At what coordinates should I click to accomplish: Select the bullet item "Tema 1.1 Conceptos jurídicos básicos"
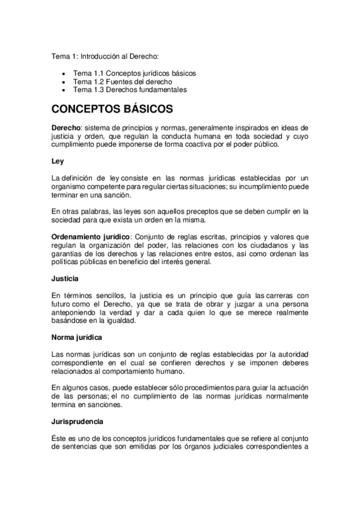coord(135,73)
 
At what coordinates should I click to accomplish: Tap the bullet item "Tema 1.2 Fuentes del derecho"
coord(123,81)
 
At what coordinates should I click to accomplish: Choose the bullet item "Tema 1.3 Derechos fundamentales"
coord(130,90)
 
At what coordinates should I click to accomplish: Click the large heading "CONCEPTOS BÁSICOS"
coord(112,110)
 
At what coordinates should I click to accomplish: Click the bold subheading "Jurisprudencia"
coord(77,422)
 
